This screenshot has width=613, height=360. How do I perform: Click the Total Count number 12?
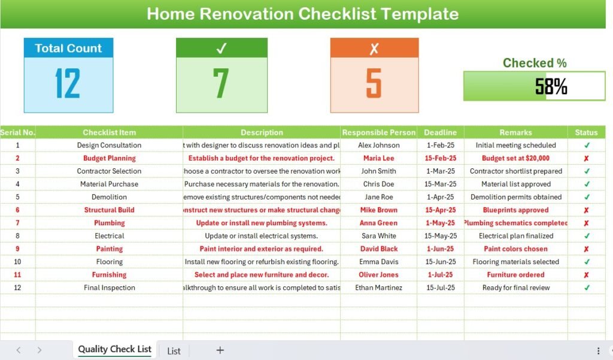click(68, 83)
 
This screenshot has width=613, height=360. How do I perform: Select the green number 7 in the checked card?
click(221, 83)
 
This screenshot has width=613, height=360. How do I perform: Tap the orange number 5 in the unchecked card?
click(374, 83)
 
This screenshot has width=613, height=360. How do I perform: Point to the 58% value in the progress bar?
click(551, 87)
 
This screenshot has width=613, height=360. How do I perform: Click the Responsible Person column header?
click(378, 132)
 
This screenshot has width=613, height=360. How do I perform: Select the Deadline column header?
click(440, 132)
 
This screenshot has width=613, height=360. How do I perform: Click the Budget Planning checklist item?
click(109, 158)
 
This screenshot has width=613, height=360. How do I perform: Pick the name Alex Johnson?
click(378, 145)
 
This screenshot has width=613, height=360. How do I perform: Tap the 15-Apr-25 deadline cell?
click(440, 210)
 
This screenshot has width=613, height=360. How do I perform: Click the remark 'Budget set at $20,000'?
click(515, 158)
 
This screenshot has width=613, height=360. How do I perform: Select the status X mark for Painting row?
click(586, 249)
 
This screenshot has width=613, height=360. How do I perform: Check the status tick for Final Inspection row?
click(587, 288)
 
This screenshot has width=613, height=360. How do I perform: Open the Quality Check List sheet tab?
click(114, 349)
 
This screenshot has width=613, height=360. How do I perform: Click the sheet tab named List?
click(174, 350)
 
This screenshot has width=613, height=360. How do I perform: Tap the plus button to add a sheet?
click(220, 350)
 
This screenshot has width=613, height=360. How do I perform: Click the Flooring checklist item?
click(109, 262)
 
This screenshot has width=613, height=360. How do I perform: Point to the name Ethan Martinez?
click(378, 288)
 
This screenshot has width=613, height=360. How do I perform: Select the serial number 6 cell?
click(17, 210)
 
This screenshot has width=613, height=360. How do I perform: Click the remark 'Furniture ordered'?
click(515, 275)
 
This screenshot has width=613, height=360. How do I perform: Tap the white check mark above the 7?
click(221, 49)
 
